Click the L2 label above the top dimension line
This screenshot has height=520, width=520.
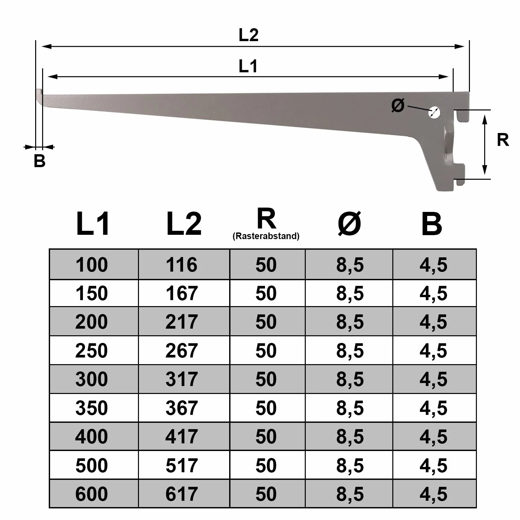248,35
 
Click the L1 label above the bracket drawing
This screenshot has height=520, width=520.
248,66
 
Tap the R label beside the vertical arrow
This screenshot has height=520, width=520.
503,140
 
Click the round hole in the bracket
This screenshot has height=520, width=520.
434,113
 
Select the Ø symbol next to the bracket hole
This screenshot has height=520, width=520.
398,105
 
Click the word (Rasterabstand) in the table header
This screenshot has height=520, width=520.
266,236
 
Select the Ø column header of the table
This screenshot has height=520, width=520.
349,224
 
